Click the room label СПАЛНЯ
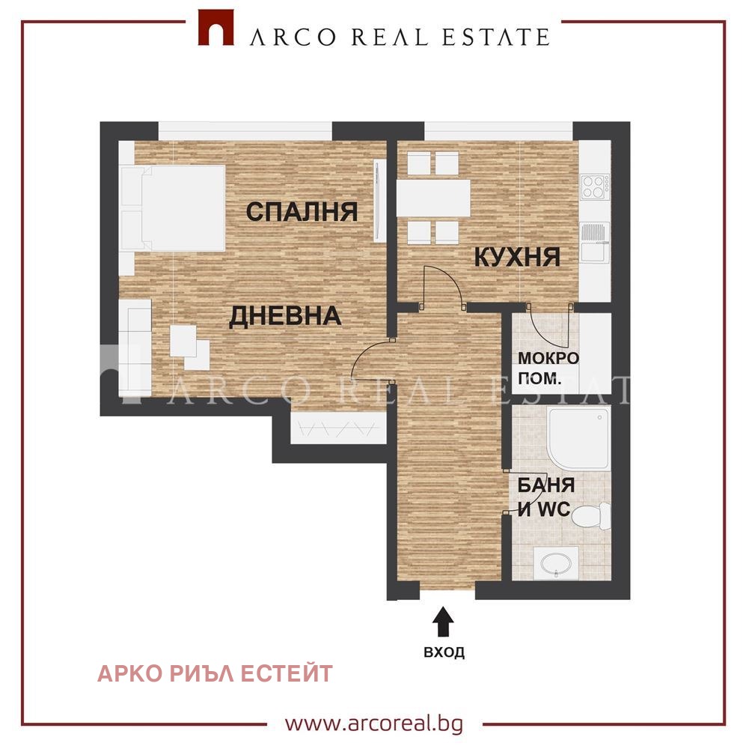tap(302, 211)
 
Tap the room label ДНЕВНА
tap(285, 316)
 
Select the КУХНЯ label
tap(517, 258)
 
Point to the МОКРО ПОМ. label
tap(548, 369)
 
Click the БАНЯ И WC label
tap(545, 497)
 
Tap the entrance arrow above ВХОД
tap(443, 622)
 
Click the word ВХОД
tap(444, 652)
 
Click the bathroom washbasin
tap(556, 563)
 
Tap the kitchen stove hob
tap(595, 187)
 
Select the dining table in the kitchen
tap(433, 198)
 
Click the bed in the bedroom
tap(172, 208)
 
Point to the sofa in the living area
tap(135, 348)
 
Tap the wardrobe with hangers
tap(338, 428)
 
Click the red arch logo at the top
tap(216, 28)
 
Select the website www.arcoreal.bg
tap(374, 724)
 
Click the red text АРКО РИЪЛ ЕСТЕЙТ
tap(215, 674)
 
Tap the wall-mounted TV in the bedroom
tap(380, 201)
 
